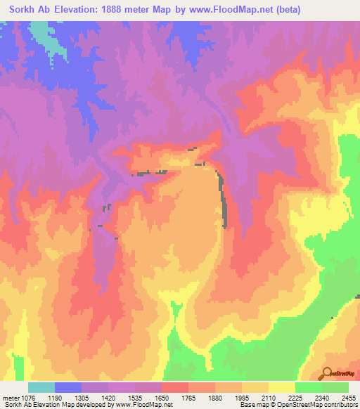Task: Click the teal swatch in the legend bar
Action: [41, 388]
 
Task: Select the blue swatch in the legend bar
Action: [68, 388]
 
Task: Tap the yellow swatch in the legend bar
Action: [282, 388]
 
